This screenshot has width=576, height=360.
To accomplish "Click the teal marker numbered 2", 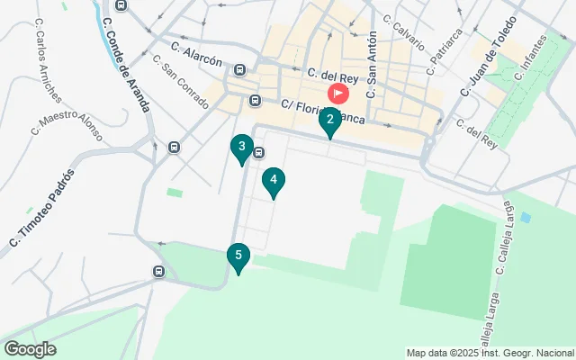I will (x=330, y=121).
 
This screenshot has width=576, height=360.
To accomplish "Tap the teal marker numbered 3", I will (x=241, y=147).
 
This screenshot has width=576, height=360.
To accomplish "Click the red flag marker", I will (x=338, y=93).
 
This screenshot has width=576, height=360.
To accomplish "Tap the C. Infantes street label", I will (x=531, y=56).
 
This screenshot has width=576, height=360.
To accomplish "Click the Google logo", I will (x=30, y=349).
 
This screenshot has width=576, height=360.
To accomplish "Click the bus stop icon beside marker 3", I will (x=258, y=152).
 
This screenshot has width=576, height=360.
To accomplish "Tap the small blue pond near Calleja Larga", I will (x=526, y=217).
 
